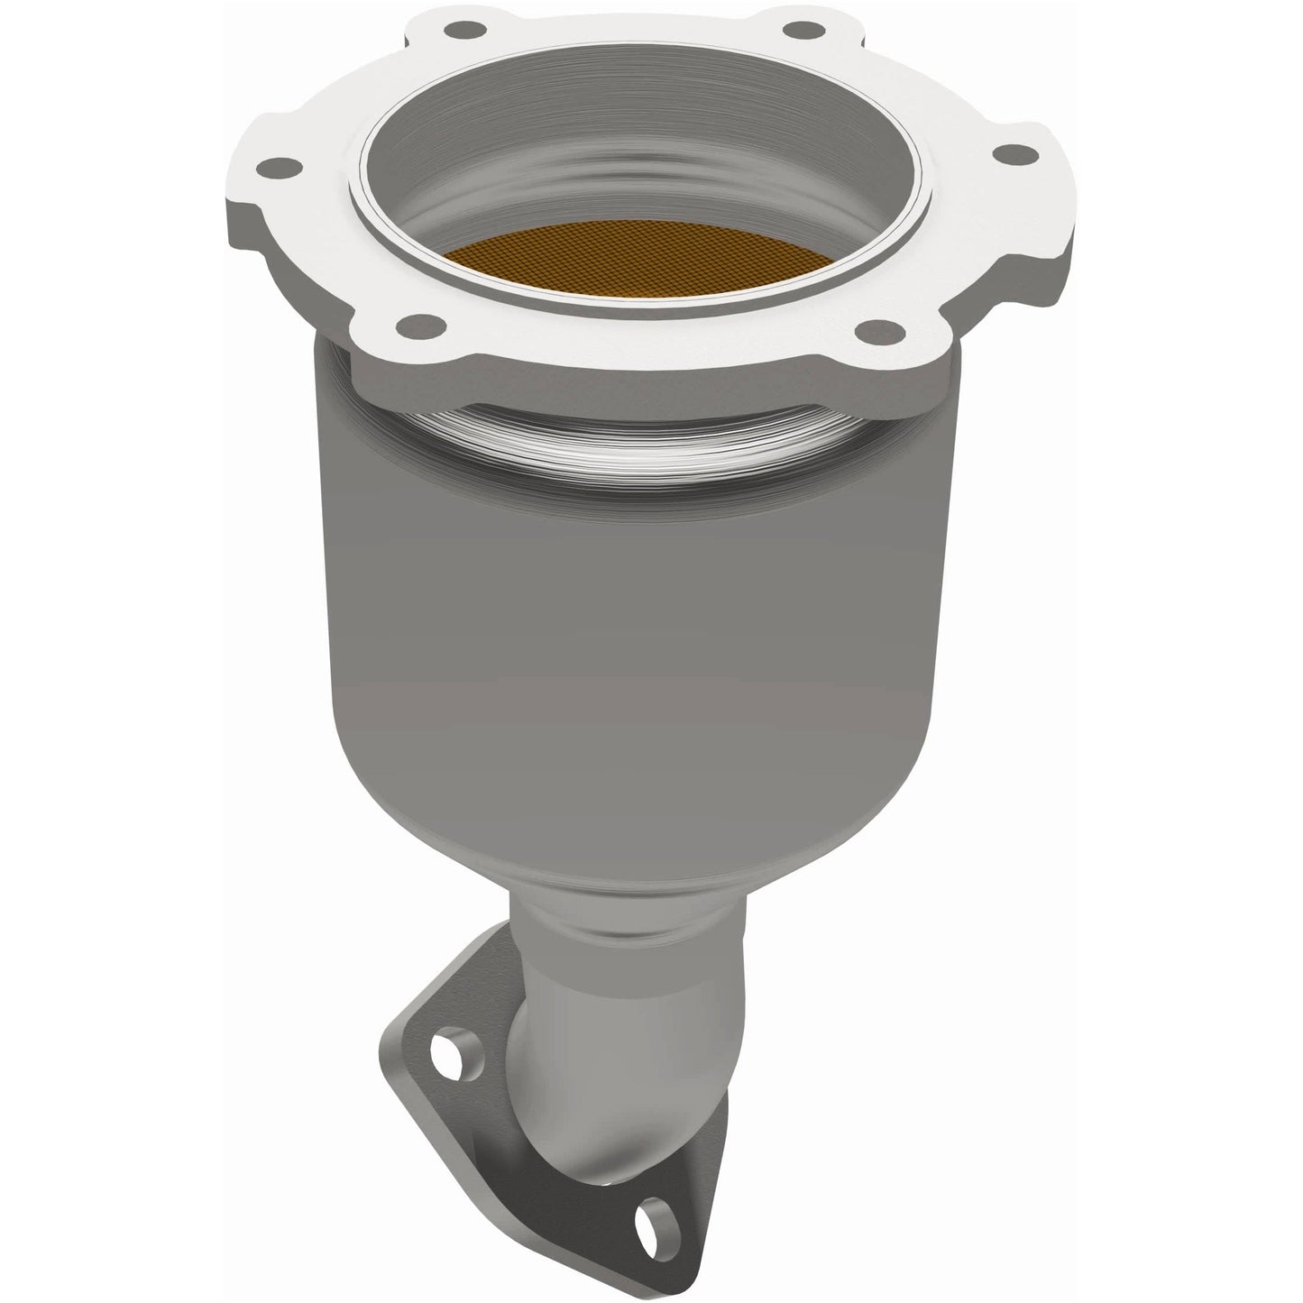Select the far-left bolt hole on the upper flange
click(x=289, y=168)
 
